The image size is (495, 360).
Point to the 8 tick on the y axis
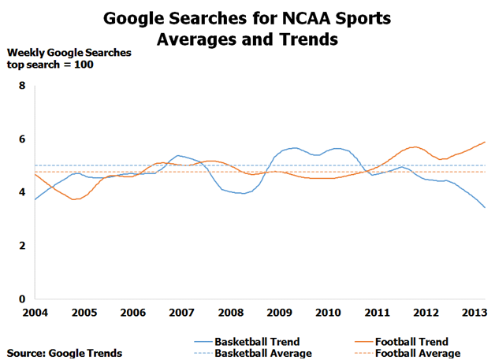(22, 86)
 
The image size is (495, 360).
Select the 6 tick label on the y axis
(22, 139)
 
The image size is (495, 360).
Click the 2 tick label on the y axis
(22, 246)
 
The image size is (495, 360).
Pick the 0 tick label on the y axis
(22, 299)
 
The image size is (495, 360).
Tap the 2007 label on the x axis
(182, 313)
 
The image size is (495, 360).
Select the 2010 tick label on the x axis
(328, 313)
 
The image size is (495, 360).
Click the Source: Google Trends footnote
(65, 354)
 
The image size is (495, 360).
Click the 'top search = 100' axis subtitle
(50, 65)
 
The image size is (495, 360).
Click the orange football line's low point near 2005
(75, 199)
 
